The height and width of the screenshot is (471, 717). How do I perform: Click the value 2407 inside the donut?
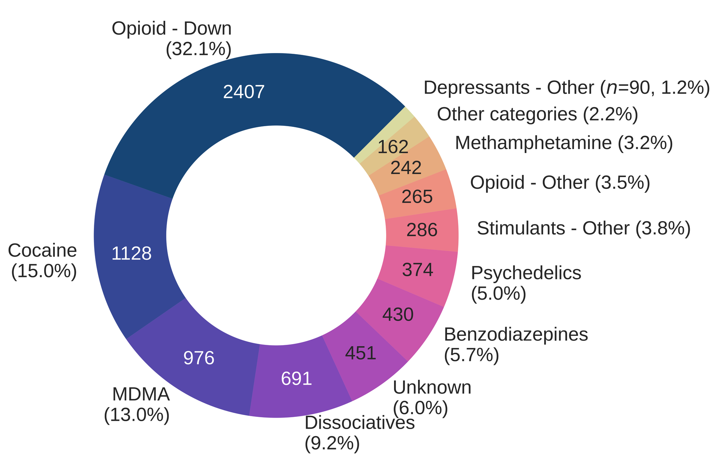244,92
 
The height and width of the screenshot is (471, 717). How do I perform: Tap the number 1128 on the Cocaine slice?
132,254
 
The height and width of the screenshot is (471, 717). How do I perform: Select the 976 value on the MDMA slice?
199,358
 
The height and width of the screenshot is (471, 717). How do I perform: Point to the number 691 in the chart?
296,379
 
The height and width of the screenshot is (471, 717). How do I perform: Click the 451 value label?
360,353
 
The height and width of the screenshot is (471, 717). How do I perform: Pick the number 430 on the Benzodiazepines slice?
398,315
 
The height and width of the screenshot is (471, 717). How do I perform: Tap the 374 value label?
418,270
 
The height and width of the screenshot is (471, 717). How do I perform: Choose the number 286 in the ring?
422,230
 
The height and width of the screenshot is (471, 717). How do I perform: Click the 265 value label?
417,197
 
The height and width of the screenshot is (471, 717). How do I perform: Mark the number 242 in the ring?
406,168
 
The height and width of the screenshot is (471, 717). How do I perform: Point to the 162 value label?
393,147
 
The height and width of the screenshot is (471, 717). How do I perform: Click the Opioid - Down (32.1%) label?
172,39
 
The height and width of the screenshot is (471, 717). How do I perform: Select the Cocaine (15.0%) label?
43,261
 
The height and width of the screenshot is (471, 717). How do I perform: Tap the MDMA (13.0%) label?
137,405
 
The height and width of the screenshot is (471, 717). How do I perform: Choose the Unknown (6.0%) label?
432,398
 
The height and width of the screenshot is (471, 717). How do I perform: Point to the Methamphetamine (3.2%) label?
564,143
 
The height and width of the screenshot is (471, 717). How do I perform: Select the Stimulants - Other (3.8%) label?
584,228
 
